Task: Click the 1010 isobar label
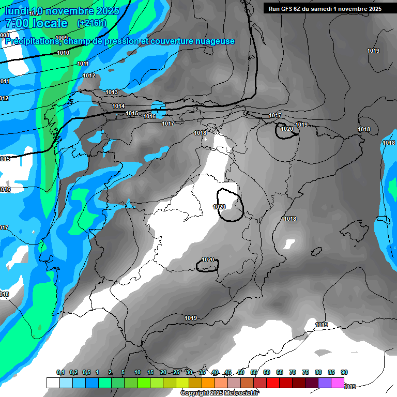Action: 64,53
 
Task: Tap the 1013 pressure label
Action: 112,92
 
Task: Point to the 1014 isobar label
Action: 118,106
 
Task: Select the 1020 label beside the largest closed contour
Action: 219,207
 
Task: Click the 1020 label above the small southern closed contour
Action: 208,259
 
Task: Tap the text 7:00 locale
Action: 36,23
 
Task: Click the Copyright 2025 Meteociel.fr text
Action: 220,393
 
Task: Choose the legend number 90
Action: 344,372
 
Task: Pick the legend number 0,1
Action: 60,372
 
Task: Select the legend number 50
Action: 241,372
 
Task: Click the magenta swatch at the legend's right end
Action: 338,383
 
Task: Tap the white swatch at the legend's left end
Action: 53,383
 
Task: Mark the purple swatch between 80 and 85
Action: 325,383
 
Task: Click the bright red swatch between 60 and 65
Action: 273,383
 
